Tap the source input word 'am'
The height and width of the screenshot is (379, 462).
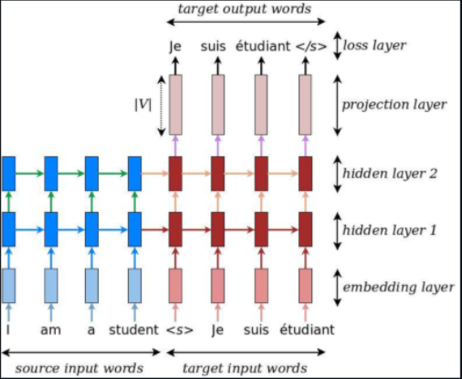coord(50,330)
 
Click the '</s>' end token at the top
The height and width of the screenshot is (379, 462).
coord(310,46)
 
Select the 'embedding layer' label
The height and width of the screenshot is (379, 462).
coord(397,287)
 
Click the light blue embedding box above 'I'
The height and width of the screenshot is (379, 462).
coord(8,285)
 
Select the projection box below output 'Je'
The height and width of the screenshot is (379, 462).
coord(175,104)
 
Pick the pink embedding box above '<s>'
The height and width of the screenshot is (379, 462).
coord(175,285)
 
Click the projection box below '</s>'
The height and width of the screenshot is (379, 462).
coord(305,104)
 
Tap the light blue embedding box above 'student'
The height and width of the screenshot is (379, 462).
coord(135,285)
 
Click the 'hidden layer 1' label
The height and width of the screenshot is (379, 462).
coord(389,230)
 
